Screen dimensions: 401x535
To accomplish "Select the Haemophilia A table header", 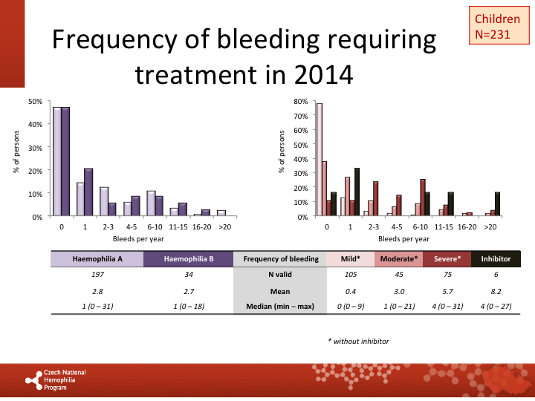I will (x=97, y=259).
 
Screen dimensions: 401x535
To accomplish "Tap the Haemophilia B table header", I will (x=189, y=259).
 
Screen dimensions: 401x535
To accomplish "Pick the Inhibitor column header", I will (x=496, y=259).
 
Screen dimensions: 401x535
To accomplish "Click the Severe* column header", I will (x=447, y=259).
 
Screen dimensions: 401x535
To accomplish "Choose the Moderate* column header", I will (x=400, y=259).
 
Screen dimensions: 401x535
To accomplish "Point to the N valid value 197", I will (x=97, y=276).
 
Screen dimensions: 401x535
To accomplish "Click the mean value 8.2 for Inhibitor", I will (x=496, y=291).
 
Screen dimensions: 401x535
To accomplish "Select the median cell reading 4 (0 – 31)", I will (x=447, y=306).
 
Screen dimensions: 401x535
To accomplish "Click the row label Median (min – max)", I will (x=281, y=306).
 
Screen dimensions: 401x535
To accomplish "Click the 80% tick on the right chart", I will (x=301, y=101).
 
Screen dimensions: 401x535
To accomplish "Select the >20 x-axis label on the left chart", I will (x=221, y=225).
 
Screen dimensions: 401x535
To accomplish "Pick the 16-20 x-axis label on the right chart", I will (x=466, y=225).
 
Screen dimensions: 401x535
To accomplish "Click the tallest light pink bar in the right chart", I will (x=320, y=160).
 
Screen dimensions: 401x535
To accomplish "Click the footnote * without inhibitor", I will (x=358, y=341).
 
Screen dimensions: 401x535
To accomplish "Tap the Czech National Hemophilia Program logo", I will (x=56, y=379).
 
